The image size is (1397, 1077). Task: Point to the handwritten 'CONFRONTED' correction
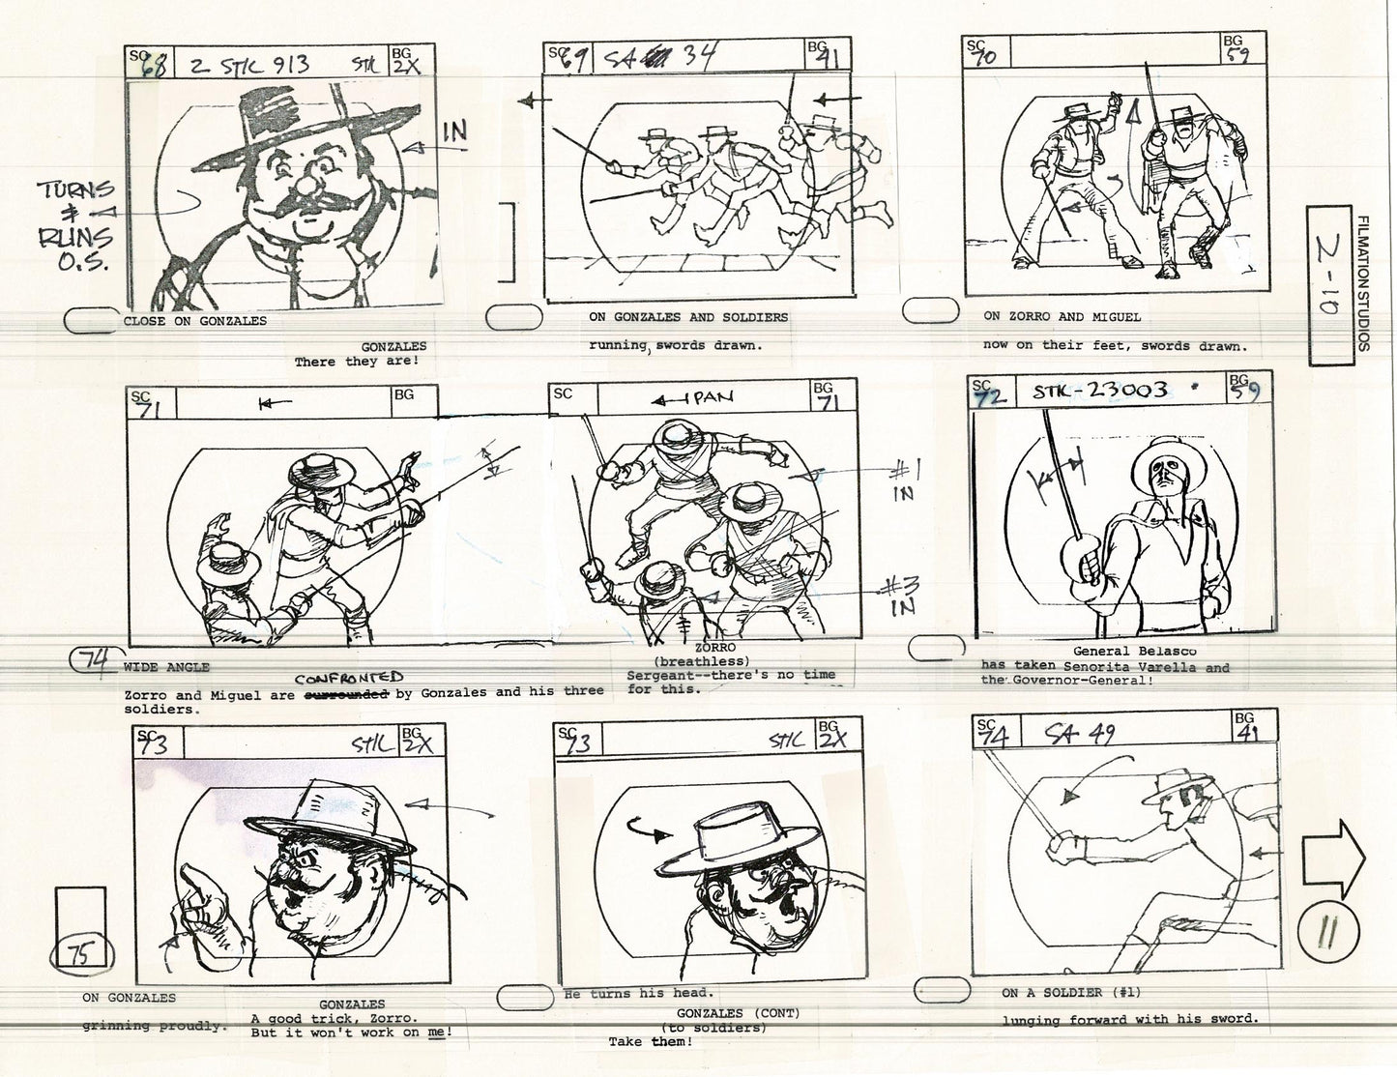348,679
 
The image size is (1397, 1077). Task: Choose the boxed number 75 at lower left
81,953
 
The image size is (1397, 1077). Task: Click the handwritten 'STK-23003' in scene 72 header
1100,392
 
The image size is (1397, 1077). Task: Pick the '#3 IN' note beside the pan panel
902,594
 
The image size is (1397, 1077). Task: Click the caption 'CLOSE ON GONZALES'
195,321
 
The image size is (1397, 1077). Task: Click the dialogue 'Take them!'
651,1042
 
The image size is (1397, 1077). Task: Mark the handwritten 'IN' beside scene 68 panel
454,132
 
